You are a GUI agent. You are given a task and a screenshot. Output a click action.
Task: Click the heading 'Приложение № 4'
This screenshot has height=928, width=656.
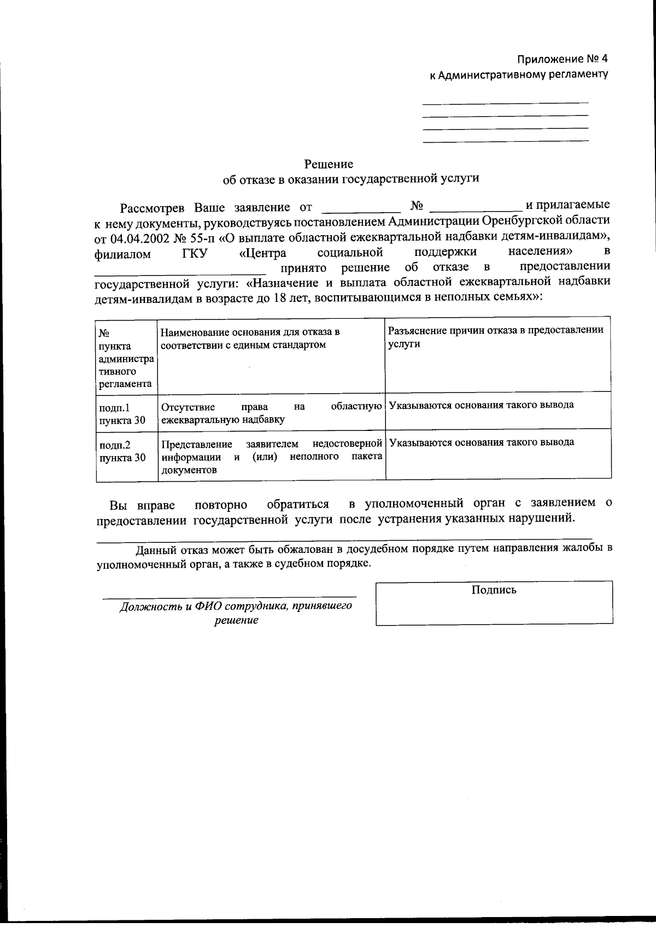pos(563,59)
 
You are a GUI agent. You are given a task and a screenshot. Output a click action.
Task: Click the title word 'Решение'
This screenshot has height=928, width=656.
pos(329,164)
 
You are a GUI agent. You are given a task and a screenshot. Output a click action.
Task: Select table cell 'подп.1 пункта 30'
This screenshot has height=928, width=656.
pos(122,414)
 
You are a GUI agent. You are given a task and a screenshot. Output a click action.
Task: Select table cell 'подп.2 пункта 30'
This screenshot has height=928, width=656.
pos(122,451)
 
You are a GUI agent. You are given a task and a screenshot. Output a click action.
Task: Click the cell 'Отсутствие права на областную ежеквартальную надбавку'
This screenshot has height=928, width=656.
pos(271,413)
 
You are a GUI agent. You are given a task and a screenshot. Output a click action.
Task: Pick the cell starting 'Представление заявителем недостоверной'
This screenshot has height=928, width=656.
pos(271,457)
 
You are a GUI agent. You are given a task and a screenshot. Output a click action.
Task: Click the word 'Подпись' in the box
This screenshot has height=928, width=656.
pos(494,590)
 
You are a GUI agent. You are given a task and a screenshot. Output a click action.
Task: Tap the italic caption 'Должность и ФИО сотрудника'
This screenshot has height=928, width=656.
pos(236,606)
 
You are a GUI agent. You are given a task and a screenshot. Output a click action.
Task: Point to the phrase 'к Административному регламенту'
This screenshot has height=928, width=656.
pos(518,74)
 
